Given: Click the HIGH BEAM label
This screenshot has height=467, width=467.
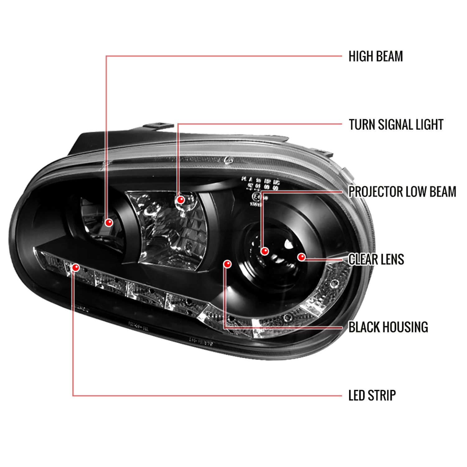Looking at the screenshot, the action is coord(375,56).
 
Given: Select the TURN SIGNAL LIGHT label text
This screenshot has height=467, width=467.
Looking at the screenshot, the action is coord(396,125).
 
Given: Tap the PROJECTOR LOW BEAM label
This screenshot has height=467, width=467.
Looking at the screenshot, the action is coord(402,192).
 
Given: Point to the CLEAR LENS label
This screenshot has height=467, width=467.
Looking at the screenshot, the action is coord(376,259).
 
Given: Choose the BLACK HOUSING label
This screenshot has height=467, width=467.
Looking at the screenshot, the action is coord(388,327).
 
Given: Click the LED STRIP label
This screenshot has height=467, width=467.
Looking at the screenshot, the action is coord(372,395).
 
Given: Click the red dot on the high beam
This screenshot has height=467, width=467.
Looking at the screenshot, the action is coord(109,222).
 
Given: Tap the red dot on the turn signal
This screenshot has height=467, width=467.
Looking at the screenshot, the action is coord(180,200).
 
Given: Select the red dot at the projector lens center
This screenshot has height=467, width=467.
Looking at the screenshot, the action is coord(265,251).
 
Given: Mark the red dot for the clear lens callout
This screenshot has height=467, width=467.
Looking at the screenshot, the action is coord(301,257).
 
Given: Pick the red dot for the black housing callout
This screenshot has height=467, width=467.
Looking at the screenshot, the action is coord(228,264).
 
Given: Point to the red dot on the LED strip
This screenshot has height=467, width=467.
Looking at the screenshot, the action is coord(76,267).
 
